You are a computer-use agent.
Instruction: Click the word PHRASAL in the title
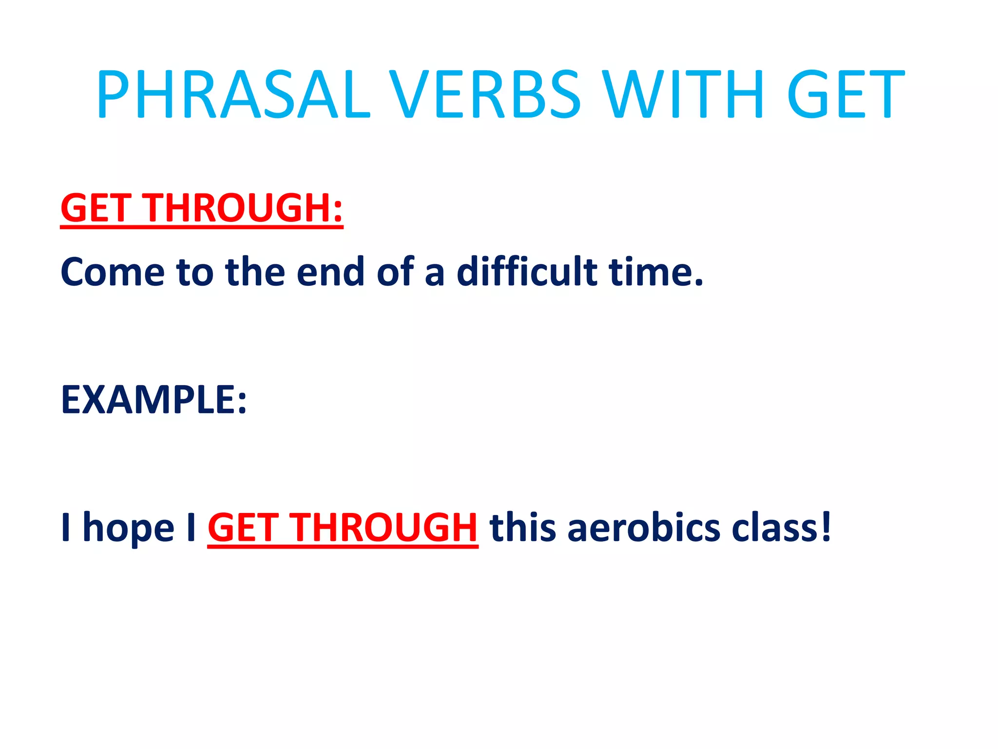point(233,94)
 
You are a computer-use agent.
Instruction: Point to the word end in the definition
point(330,272)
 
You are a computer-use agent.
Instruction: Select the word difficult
point(526,272)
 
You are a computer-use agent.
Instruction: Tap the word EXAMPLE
point(146,400)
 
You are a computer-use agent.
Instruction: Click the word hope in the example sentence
point(128,528)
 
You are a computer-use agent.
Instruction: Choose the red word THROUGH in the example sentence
point(384,528)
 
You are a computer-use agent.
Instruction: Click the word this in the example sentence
point(522,528)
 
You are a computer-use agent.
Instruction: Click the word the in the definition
point(255,272)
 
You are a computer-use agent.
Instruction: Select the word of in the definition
point(395,272)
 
